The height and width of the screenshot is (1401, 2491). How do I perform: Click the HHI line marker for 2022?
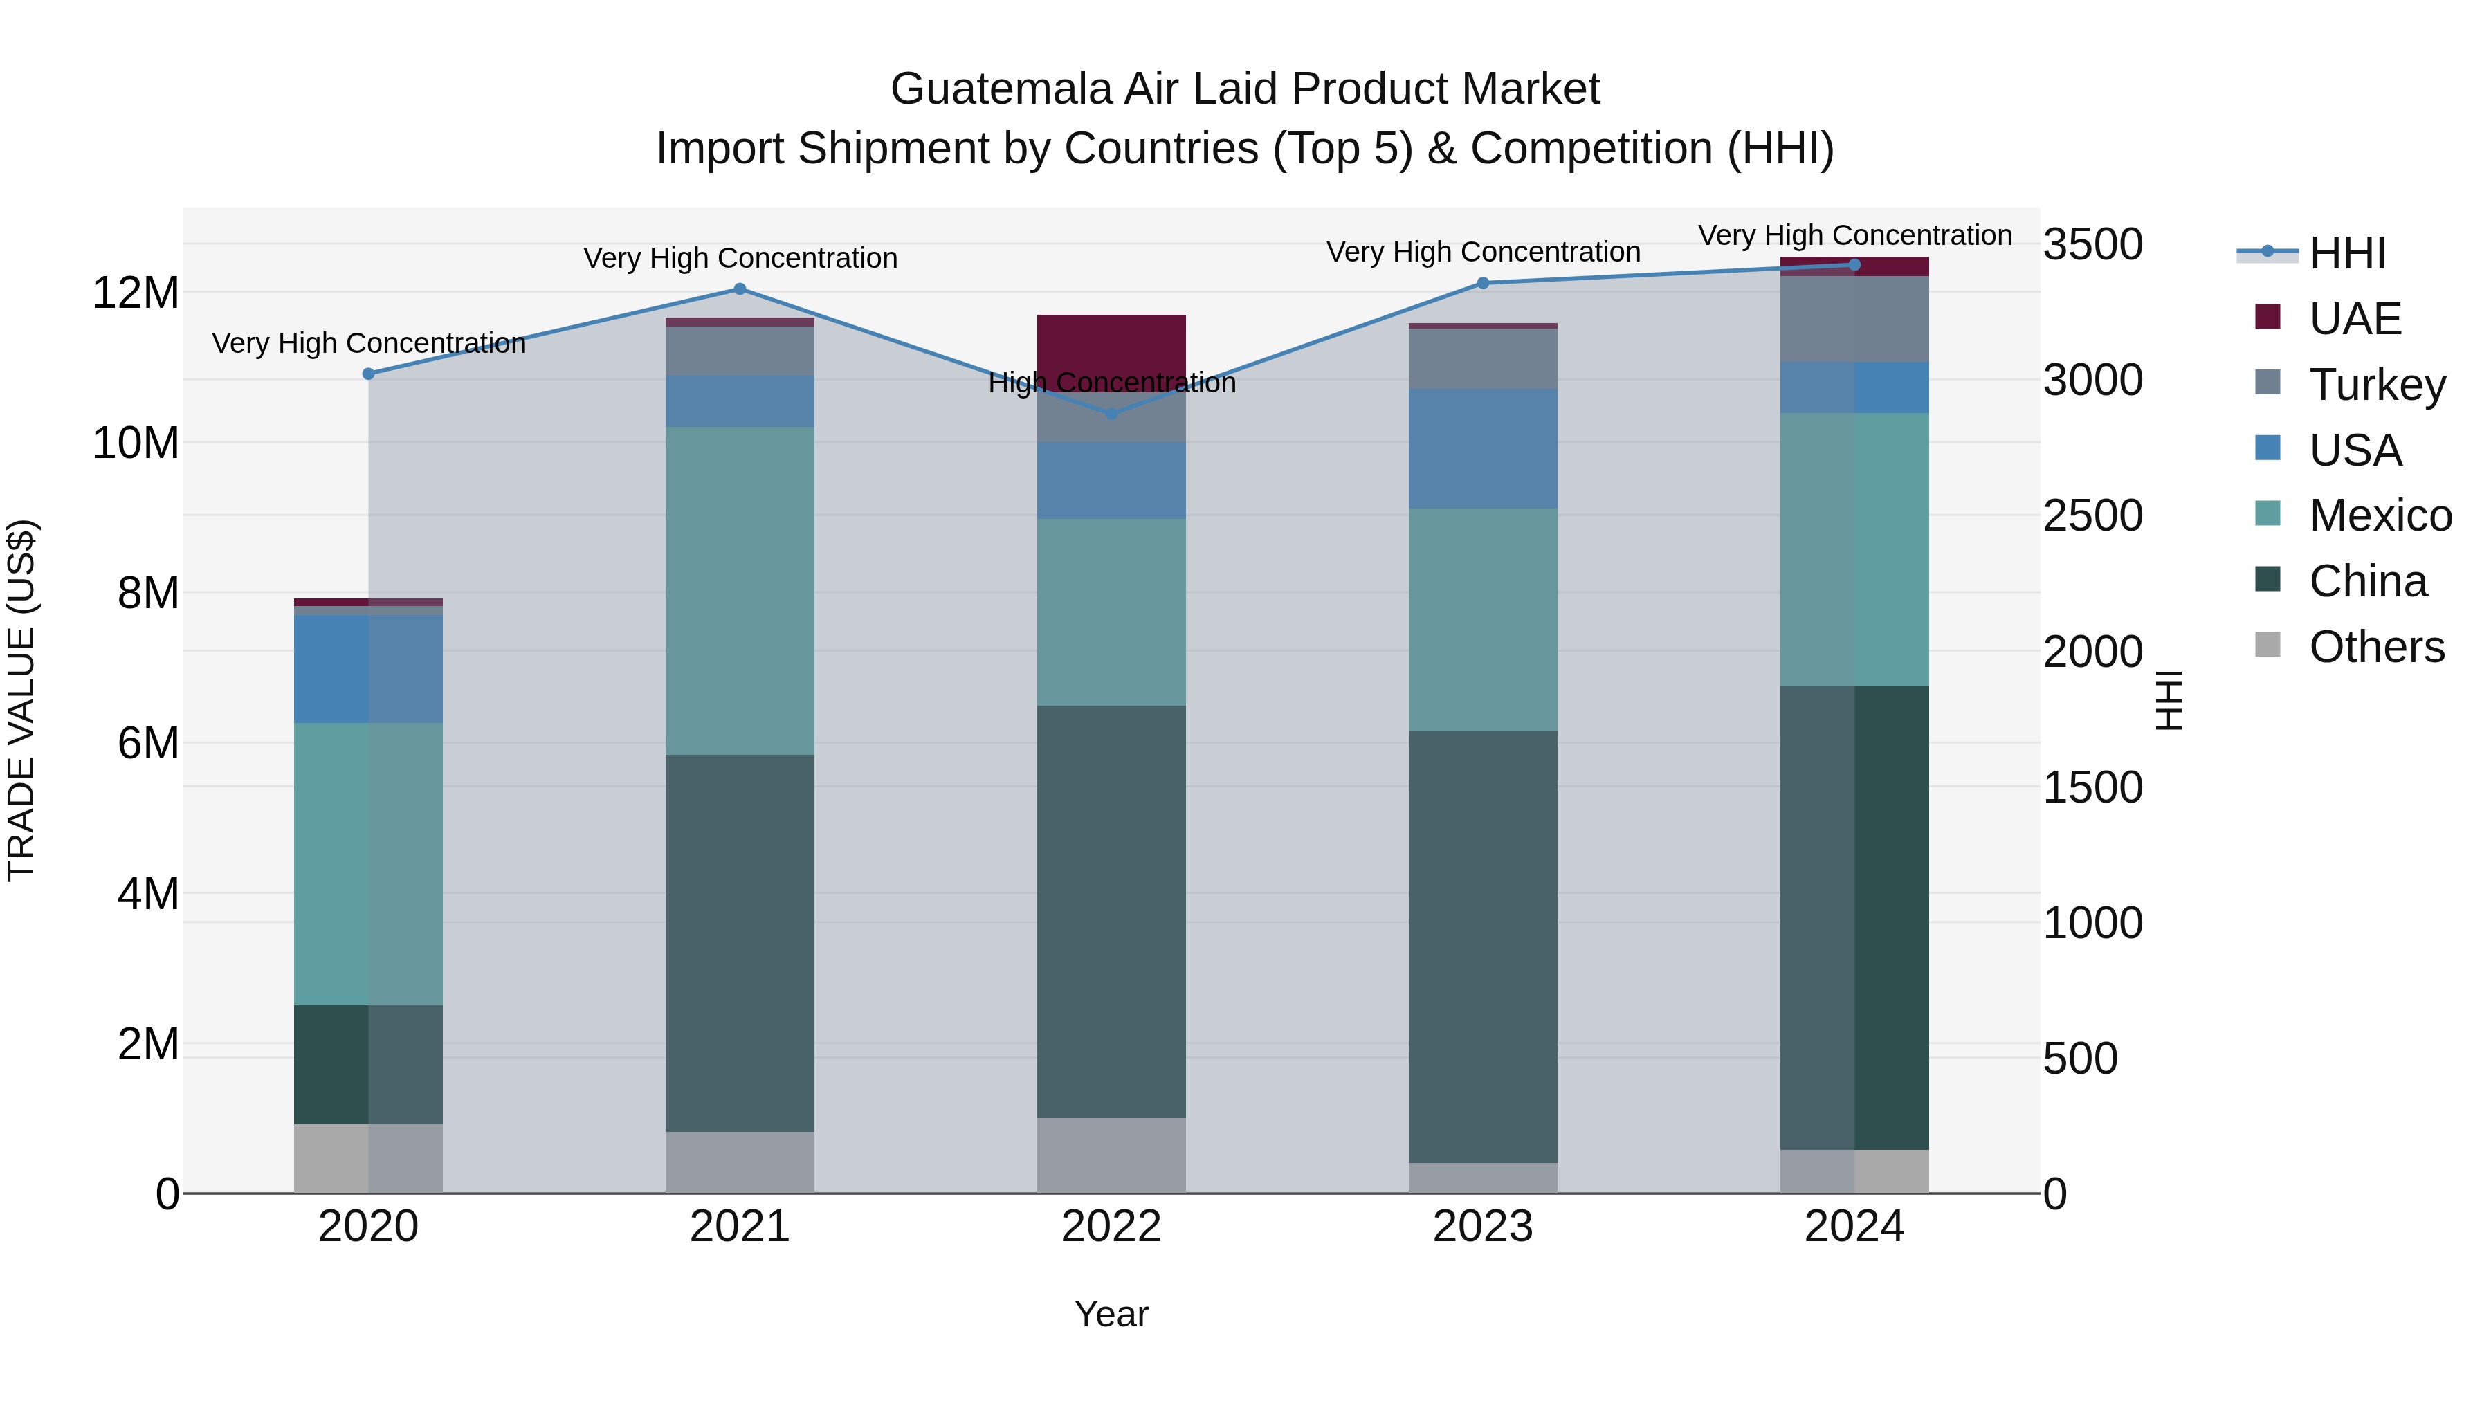pos(1111,414)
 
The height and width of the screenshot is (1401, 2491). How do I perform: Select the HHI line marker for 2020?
pos(368,374)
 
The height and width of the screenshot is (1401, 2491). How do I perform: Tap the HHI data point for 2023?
pos(1482,283)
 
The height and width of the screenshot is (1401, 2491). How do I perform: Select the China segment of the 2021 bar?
pos(740,943)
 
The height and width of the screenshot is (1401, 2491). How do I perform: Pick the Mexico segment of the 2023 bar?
pos(1482,619)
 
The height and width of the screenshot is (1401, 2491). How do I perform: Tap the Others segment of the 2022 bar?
pos(1111,1155)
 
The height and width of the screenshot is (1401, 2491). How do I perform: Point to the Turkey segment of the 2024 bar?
pos(1854,319)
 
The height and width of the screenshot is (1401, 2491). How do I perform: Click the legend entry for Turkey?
pos(2377,385)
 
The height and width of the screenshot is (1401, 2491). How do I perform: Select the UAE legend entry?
pos(2355,319)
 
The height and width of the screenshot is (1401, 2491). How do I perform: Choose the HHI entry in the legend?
pos(2347,253)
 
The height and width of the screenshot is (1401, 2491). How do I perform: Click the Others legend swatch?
pos(2268,645)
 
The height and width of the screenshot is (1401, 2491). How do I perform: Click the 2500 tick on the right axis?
pos(2092,515)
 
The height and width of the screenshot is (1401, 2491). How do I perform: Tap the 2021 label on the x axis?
pos(740,1227)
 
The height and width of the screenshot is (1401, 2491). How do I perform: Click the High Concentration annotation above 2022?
pos(1111,383)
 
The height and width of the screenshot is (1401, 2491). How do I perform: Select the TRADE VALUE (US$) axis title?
pos(21,700)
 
